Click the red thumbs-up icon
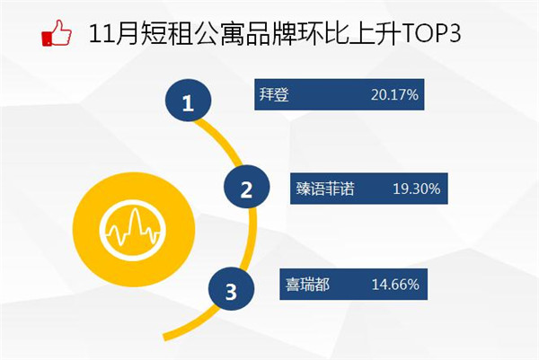point(57,32)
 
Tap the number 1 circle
point(188,100)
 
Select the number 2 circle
point(246,187)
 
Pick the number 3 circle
point(232,289)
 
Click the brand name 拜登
point(274,94)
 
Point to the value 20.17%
point(394,94)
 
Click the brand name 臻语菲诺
point(325,189)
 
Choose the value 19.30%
point(416,189)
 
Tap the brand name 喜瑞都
point(307,285)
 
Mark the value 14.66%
point(395,285)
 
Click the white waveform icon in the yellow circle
point(134,230)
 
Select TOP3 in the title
point(431,33)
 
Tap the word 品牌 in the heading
point(270,33)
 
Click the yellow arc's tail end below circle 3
point(165,338)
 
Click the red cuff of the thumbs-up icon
point(47,38)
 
